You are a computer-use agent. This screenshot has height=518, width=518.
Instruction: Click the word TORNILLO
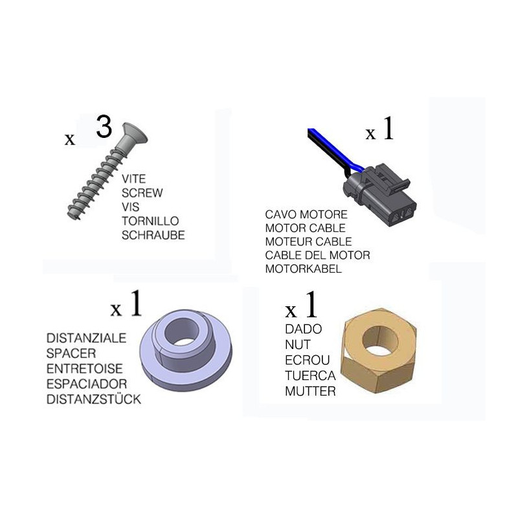click(150, 221)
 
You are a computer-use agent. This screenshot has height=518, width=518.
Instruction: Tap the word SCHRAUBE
click(153, 235)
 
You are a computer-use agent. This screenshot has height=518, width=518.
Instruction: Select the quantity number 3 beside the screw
click(104, 126)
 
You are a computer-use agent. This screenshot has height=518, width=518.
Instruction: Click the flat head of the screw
click(135, 133)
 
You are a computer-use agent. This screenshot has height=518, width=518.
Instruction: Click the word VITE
click(134, 179)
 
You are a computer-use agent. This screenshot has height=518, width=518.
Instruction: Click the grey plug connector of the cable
click(380, 195)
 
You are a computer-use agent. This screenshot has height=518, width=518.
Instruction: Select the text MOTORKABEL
click(304, 269)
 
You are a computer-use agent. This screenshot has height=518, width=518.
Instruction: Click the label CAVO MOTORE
click(306, 214)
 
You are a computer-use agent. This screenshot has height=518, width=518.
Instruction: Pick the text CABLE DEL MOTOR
click(318, 255)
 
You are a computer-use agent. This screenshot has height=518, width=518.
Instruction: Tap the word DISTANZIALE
click(87, 338)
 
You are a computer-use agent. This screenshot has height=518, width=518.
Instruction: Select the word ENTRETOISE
click(85, 368)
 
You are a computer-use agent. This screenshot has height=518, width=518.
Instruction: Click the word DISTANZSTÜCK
click(94, 399)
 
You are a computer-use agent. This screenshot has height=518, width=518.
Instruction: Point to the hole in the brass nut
click(380, 341)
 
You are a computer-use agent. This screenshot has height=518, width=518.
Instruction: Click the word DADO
click(304, 329)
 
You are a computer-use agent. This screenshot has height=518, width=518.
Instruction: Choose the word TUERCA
click(311, 376)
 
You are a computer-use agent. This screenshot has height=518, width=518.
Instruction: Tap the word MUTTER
click(311, 391)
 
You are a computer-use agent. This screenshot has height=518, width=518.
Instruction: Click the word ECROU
click(308, 360)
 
